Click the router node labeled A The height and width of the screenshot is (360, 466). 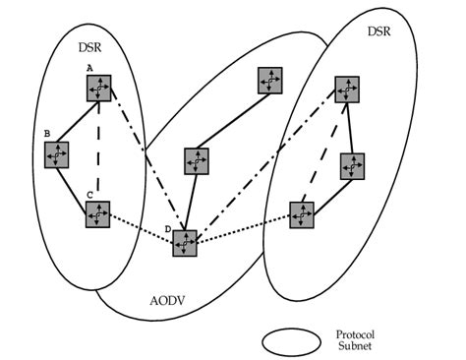click(x=97, y=89)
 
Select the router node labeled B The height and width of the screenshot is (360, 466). click(x=57, y=153)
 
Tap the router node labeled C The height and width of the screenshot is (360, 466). click(x=97, y=214)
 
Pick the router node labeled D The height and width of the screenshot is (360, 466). click(x=185, y=243)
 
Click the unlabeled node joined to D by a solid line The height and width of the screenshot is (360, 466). click(x=197, y=160)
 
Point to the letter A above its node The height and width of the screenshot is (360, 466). click(x=89, y=68)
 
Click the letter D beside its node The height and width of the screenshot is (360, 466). click(x=169, y=229)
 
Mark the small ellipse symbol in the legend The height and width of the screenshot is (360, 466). click(x=291, y=339)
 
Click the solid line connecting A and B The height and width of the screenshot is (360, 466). click(x=77, y=121)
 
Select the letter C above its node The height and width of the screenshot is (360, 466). click(x=89, y=195)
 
